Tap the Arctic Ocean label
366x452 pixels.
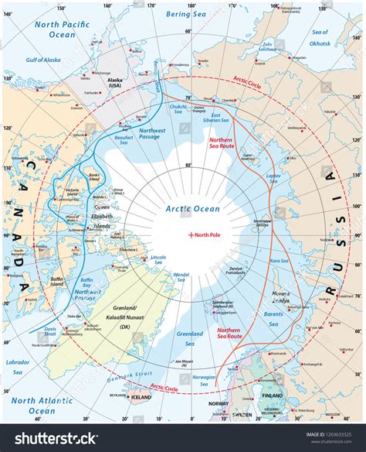pos(193,208)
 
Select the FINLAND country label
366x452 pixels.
pos(272,393)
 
